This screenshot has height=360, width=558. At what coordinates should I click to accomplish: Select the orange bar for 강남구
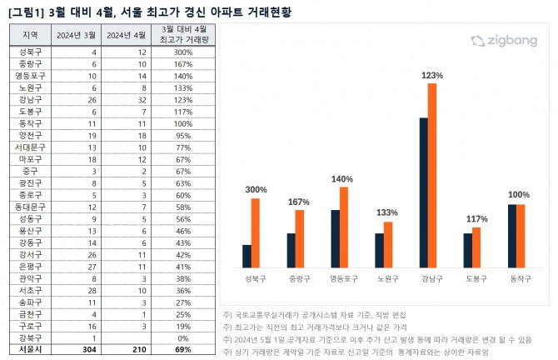pyautogui.click(x=432, y=175)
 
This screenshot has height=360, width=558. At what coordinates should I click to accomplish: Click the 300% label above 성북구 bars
pyautogui.click(x=257, y=190)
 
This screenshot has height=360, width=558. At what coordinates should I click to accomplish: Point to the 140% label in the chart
pyautogui.click(x=341, y=178)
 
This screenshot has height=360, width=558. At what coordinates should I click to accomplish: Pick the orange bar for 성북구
pyautogui.click(x=256, y=232)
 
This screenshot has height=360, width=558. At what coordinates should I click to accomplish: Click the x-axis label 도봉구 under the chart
pyautogui.click(x=475, y=279)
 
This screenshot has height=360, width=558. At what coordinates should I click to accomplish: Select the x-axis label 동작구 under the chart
pyautogui.click(x=520, y=279)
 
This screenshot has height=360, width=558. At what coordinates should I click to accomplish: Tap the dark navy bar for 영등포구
pyautogui.click(x=335, y=238)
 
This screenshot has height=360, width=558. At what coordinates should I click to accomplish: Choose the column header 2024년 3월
pyautogui.click(x=76, y=35)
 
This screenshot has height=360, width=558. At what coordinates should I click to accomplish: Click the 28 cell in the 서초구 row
pyautogui.click(x=76, y=289)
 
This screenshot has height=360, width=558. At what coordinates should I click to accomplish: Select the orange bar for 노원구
pyautogui.click(x=387, y=244)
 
